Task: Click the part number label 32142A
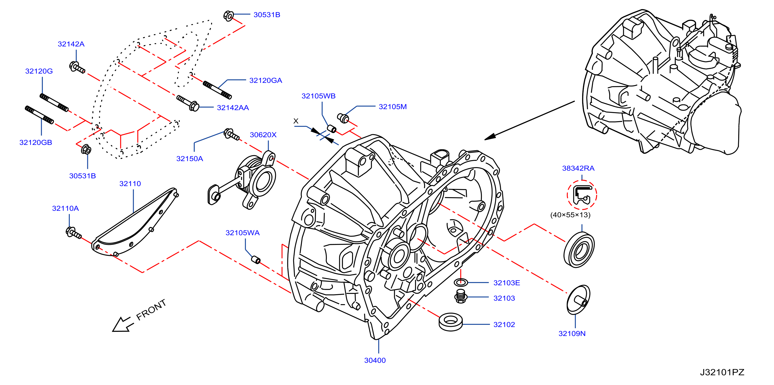(x=71, y=44)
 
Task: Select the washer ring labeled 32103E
(x=461, y=282)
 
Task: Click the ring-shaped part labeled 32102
(x=451, y=322)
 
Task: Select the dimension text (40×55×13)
(x=570, y=215)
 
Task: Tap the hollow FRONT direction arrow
(x=123, y=324)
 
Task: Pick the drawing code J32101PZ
(x=722, y=372)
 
